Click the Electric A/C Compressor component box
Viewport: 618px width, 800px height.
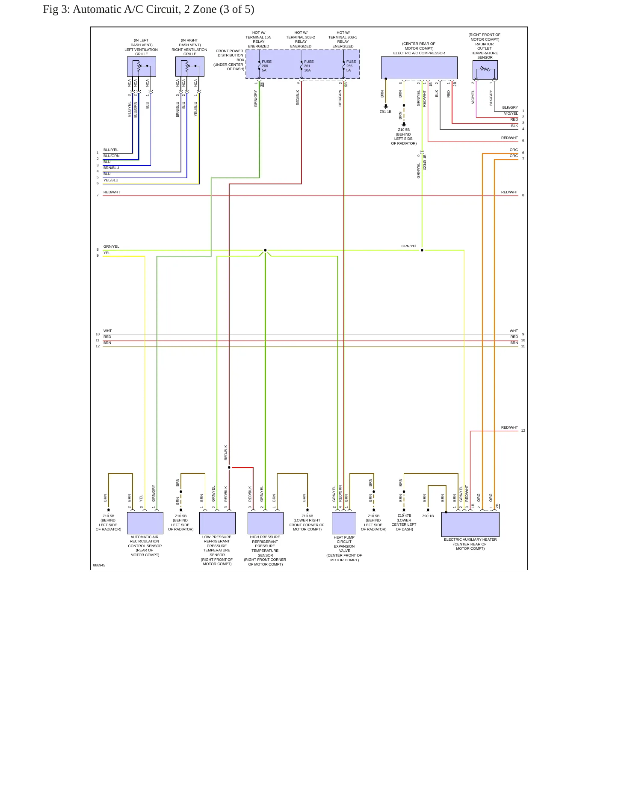click(x=419, y=68)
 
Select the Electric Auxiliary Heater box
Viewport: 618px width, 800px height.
click(x=470, y=524)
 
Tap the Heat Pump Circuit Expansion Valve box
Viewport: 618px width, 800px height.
click(x=344, y=523)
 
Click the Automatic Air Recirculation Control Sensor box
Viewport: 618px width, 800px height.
click(x=145, y=523)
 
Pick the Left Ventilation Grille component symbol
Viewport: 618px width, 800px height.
click(x=142, y=67)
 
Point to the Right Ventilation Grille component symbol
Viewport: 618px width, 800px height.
click(x=190, y=67)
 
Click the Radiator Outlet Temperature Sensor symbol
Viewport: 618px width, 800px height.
click(x=485, y=70)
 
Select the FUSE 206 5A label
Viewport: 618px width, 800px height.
click(x=266, y=66)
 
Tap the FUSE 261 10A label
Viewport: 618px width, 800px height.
click(x=309, y=66)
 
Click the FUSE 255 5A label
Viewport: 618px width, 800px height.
click(x=351, y=66)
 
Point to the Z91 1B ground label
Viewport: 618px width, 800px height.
click(x=385, y=112)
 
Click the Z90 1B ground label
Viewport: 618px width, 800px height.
click(x=428, y=516)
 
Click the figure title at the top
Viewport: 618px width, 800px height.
click(x=148, y=9)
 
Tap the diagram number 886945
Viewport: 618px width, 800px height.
click(x=99, y=565)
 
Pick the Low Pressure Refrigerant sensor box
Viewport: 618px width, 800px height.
click(x=217, y=523)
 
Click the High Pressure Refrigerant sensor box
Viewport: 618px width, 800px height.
click(x=266, y=523)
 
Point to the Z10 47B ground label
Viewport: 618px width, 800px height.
click(x=404, y=516)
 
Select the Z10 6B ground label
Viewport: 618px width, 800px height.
click(x=307, y=516)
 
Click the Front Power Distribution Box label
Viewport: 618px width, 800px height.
click(x=230, y=60)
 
